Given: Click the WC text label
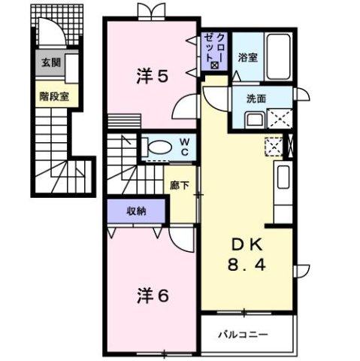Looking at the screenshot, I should click(x=184, y=146).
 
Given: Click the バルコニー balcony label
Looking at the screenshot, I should click(x=244, y=332).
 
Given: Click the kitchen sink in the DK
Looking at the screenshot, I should click(x=283, y=177).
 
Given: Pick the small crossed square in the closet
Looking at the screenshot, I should click(x=215, y=66).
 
